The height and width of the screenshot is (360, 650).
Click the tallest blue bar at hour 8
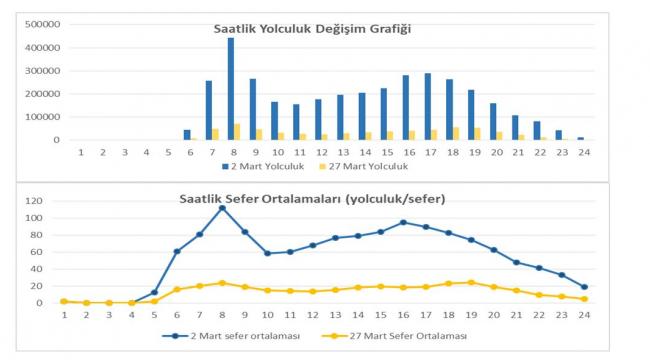[231, 89]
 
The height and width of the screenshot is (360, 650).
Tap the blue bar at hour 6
[187, 135]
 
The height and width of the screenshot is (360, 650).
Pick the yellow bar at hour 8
[238, 132]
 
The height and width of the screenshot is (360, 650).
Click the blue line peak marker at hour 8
[222, 208]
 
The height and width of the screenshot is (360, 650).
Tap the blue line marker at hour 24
[584, 287]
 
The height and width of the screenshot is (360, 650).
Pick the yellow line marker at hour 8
[222, 283]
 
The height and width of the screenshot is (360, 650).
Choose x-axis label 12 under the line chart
[313, 315]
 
